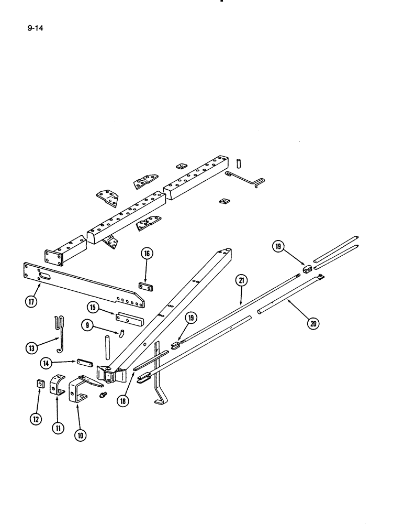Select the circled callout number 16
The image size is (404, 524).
pyautogui.click(x=147, y=254)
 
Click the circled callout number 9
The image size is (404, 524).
pyautogui.click(x=87, y=325)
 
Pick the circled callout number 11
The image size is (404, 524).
pyautogui.click(x=58, y=428)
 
